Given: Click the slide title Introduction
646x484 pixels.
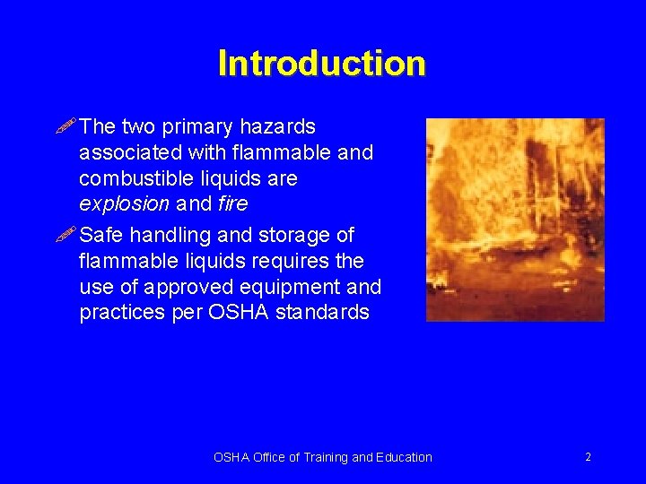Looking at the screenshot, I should coord(321,64).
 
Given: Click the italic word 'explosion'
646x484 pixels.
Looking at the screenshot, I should coord(124,204).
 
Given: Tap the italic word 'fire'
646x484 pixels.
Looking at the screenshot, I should coord(232,204).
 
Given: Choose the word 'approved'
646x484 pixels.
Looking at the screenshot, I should coord(191,288).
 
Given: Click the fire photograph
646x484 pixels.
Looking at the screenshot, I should coord(514,220).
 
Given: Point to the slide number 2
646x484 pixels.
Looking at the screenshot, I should coord(588,457).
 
